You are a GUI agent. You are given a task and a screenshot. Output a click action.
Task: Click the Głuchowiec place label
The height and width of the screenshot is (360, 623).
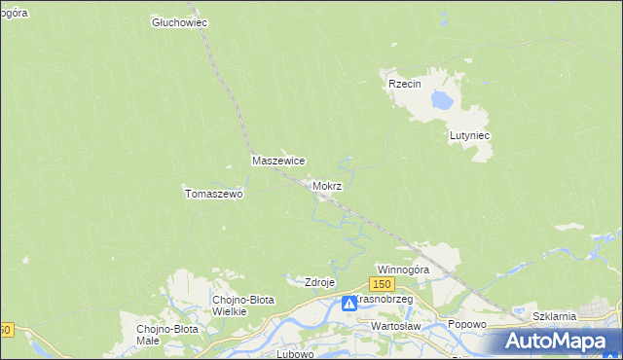(181, 22)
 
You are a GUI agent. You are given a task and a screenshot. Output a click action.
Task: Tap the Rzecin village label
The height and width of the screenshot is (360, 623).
(404, 85)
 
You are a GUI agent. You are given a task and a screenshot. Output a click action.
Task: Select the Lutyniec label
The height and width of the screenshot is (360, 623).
(468, 136)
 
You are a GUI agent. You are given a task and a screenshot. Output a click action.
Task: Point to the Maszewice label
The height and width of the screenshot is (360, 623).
(279, 161)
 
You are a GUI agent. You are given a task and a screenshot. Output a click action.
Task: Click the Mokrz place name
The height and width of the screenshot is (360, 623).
(327, 185)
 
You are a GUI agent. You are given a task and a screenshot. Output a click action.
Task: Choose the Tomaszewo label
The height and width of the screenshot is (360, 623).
(213, 194)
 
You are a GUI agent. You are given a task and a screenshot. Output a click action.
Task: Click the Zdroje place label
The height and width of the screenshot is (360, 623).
(320, 282)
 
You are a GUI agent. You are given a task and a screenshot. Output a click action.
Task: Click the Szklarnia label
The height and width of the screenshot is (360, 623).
(555, 316)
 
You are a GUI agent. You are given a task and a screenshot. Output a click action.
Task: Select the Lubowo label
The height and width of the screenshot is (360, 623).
(295, 353)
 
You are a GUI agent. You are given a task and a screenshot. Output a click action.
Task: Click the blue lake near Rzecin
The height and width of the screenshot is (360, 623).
(443, 99)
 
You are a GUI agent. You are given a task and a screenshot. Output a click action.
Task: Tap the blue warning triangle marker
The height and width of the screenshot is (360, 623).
(348, 305)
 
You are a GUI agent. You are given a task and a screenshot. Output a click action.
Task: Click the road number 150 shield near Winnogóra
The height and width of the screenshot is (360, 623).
(382, 283)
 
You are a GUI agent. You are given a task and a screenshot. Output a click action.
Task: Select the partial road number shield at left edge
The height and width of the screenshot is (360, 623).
(5, 330)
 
